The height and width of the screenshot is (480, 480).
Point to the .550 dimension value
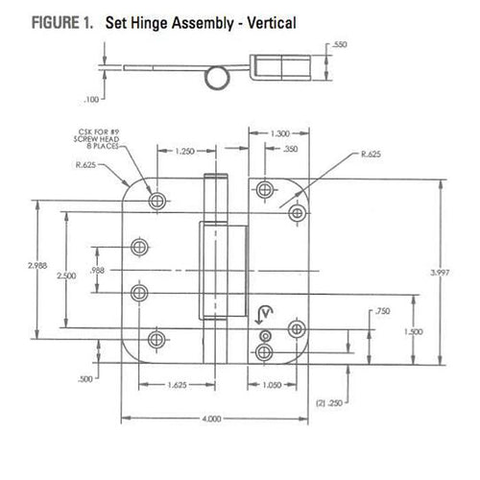click(340, 45)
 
